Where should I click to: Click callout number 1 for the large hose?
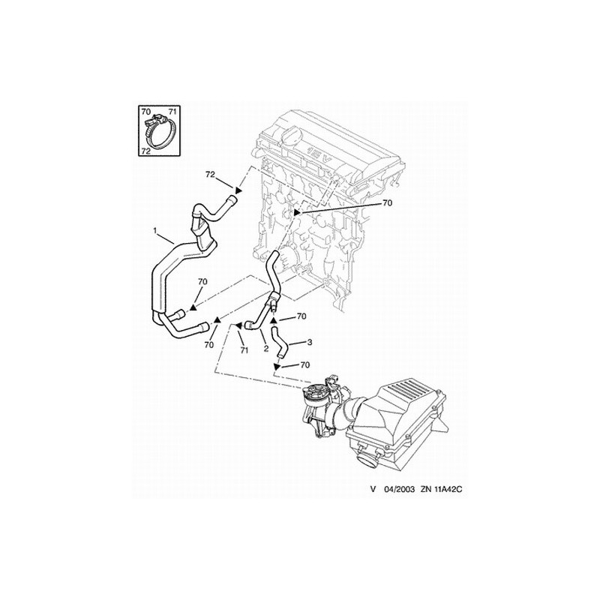point(155,230)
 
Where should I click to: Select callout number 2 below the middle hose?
point(265,349)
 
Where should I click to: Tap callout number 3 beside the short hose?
point(309,342)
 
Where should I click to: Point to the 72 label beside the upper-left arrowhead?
point(211,175)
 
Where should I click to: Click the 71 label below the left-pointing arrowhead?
point(244,350)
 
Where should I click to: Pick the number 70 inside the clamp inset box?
point(146,112)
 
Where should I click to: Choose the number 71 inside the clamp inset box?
point(172,112)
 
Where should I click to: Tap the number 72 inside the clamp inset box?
point(145,151)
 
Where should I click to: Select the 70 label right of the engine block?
point(387,202)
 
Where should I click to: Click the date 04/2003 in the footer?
point(399,489)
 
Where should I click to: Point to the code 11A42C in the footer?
point(446,489)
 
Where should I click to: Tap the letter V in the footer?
point(373,489)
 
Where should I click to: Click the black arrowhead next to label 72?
point(238,190)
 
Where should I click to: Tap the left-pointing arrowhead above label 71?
point(238,325)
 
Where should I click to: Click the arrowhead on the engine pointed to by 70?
point(296,212)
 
